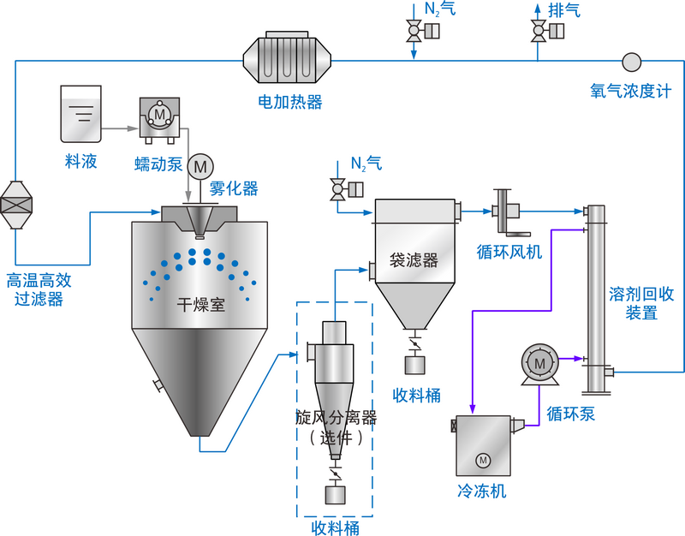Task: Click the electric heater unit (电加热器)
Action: pos(287,57)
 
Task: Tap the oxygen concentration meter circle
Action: pos(631,62)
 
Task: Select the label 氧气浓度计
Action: pos(630,91)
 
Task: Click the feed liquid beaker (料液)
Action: pos(80,114)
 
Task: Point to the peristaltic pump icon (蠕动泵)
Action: pos(159,120)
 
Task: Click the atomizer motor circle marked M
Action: pos(200,166)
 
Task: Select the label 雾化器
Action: pos(234,188)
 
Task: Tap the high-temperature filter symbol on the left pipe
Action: pos(16,205)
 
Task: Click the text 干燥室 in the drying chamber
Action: pos(201,305)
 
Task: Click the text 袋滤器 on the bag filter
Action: pos(414,260)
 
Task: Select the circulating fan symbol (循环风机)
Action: pos(508,211)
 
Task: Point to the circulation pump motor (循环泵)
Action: pos(540,365)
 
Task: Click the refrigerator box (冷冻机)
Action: pos(483,445)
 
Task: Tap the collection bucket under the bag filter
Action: pos(414,366)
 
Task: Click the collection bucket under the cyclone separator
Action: pos(335,495)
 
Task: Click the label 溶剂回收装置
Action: pos(641,303)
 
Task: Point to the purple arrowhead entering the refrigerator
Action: pos(473,408)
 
